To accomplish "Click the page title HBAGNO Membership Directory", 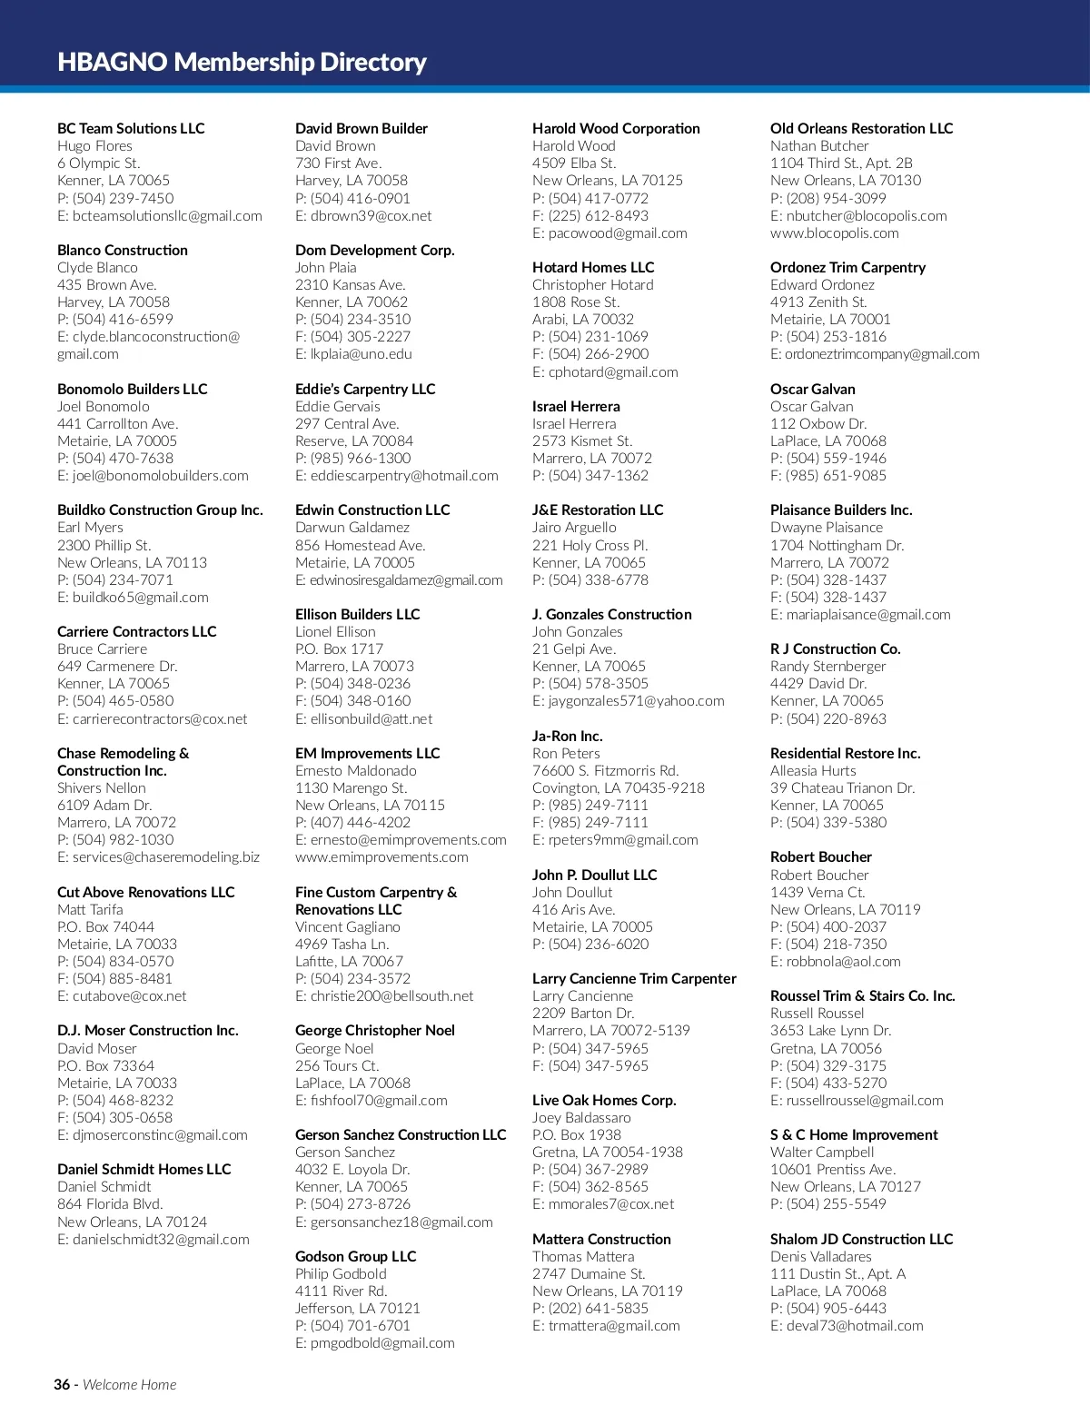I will coord(242,62).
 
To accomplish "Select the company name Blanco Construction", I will coord(123,250).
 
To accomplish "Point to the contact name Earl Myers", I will coord(90,528).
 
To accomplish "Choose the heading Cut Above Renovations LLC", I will coord(145,892).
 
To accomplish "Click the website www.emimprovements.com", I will coord(381,857).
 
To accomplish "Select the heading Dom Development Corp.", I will coord(374,250).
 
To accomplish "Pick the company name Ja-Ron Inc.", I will coord(567,737).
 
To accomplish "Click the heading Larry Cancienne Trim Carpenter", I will coord(634,979).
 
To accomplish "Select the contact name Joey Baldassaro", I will coord(581,1118).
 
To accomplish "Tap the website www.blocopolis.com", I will coord(834,233).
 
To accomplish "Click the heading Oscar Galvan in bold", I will coord(812,389).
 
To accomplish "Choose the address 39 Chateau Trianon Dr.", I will coord(842,788).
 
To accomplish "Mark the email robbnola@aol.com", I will coord(843,962).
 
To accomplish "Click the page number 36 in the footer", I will coord(62,1385).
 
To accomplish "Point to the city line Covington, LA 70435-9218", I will coord(618,788).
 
